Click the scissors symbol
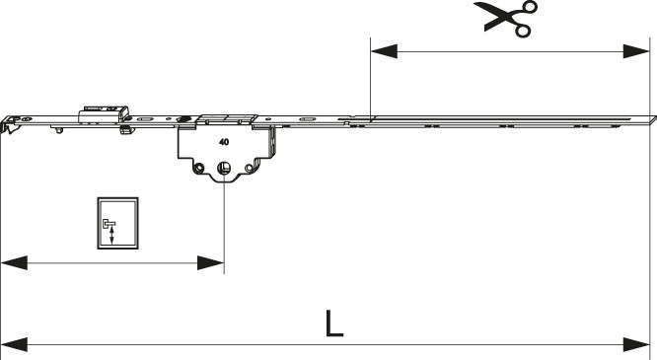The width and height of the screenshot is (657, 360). [x=506, y=19]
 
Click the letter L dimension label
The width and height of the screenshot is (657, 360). [x=334, y=324]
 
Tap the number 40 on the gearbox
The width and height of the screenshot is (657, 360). [x=224, y=142]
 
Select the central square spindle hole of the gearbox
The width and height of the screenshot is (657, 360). [x=223, y=169]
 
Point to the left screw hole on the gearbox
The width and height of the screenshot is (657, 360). [x=199, y=168]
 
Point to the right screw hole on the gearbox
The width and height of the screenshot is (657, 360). [x=250, y=168]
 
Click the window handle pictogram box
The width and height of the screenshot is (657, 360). [x=117, y=223]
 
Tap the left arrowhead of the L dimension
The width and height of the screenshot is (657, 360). [x=14, y=345]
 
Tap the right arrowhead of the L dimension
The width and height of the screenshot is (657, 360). [x=636, y=345]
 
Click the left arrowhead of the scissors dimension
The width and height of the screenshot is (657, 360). [x=384, y=51]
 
